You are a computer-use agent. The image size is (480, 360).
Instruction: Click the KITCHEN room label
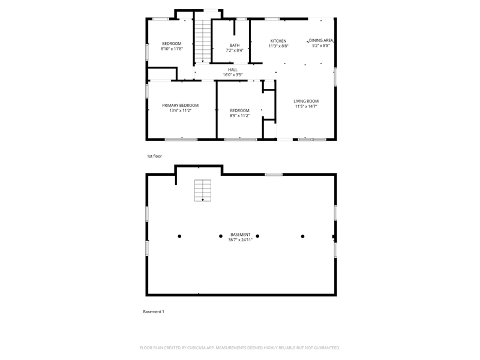point(278,41)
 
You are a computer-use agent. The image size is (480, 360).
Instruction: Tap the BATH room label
point(235,46)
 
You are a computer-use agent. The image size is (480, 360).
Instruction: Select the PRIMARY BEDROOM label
point(181,106)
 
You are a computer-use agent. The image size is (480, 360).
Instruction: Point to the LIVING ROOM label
point(306,101)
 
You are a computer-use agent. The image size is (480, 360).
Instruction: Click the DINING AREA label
point(321,40)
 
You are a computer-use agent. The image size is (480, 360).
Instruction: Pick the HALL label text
point(233,70)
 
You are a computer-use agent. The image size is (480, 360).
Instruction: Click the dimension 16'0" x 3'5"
point(233,74)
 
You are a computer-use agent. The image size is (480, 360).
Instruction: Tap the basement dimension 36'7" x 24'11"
point(241,239)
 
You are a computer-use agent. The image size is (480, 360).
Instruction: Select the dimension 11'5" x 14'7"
point(306,106)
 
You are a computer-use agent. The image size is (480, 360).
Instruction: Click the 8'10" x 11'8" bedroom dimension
point(172,49)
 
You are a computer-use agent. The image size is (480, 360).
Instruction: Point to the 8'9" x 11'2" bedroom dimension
point(239,115)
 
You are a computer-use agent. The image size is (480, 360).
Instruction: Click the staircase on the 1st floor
point(203,41)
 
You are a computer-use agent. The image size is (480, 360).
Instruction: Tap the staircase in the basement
point(203,190)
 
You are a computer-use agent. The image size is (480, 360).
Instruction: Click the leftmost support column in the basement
point(179,236)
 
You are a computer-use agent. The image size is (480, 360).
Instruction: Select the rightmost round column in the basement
point(302,236)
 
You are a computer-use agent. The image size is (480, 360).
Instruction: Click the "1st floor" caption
point(154,156)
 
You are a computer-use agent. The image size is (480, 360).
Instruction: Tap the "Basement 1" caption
point(154,311)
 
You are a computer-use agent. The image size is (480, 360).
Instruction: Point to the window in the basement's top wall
point(274,175)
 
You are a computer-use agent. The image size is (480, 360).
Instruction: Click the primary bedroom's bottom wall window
point(181,140)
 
